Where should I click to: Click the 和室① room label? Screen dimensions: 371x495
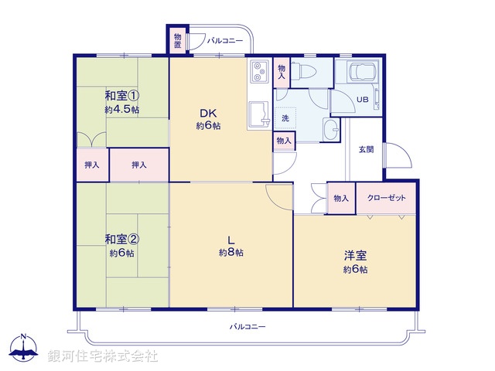[122, 96]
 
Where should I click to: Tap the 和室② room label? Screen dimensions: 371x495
[122, 240]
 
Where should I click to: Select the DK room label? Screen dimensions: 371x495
[207, 113]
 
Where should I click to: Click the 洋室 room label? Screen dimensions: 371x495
[355, 256]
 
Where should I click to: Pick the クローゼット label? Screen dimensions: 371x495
[386, 199]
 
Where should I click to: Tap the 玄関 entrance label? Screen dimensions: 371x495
[365, 149]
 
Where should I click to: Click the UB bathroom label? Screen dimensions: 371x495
[362, 98]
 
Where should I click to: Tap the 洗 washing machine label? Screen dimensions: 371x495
[285, 118]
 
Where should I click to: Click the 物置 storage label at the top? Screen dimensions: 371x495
[178, 41]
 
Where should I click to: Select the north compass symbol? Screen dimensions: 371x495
[24, 349]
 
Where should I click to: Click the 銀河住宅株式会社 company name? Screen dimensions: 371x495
[103, 356]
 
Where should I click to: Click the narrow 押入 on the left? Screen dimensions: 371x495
[91, 165]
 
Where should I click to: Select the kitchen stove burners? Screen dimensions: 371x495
[258, 70]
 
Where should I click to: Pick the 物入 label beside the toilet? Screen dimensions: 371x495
[282, 72]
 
